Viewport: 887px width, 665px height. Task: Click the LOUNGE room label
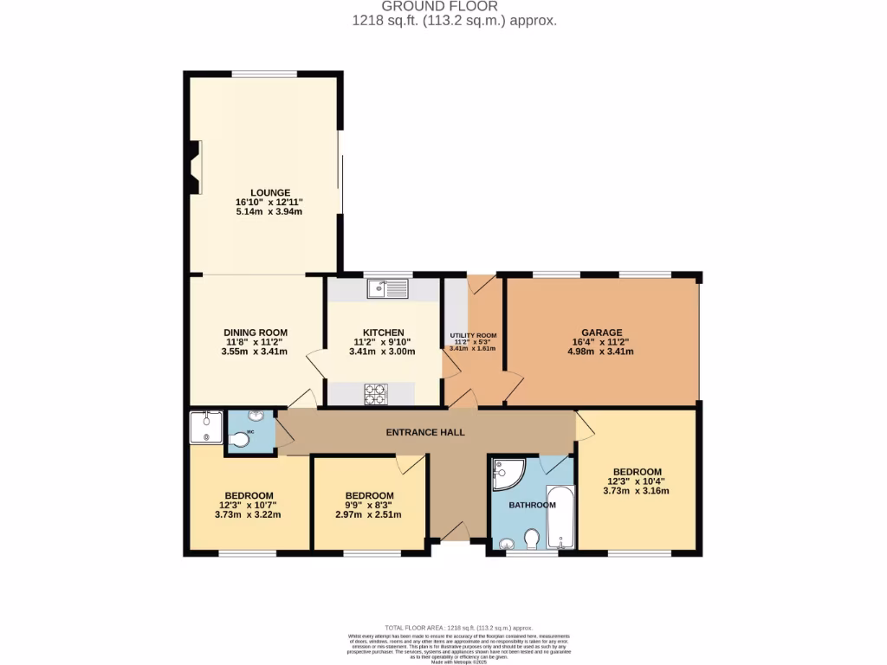click(x=269, y=192)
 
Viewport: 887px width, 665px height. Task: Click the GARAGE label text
click(x=602, y=332)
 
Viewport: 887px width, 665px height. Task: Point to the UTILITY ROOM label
click(x=473, y=335)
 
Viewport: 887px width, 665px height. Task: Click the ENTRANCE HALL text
click(x=425, y=432)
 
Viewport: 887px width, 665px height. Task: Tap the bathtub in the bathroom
click(x=560, y=517)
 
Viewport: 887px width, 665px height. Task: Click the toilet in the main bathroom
click(x=532, y=539)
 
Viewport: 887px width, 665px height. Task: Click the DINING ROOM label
click(x=255, y=332)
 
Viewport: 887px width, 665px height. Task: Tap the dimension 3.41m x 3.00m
click(x=382, y=352)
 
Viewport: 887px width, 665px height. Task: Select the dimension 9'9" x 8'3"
click(x=369, y=505)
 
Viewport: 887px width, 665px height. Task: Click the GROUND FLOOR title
click(x=451, y=6)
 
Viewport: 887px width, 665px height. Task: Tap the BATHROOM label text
click(x=532, y=505)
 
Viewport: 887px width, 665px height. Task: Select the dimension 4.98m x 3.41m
click(x=601, y=352)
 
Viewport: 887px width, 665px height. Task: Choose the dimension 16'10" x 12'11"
click(x=269, y=202)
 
